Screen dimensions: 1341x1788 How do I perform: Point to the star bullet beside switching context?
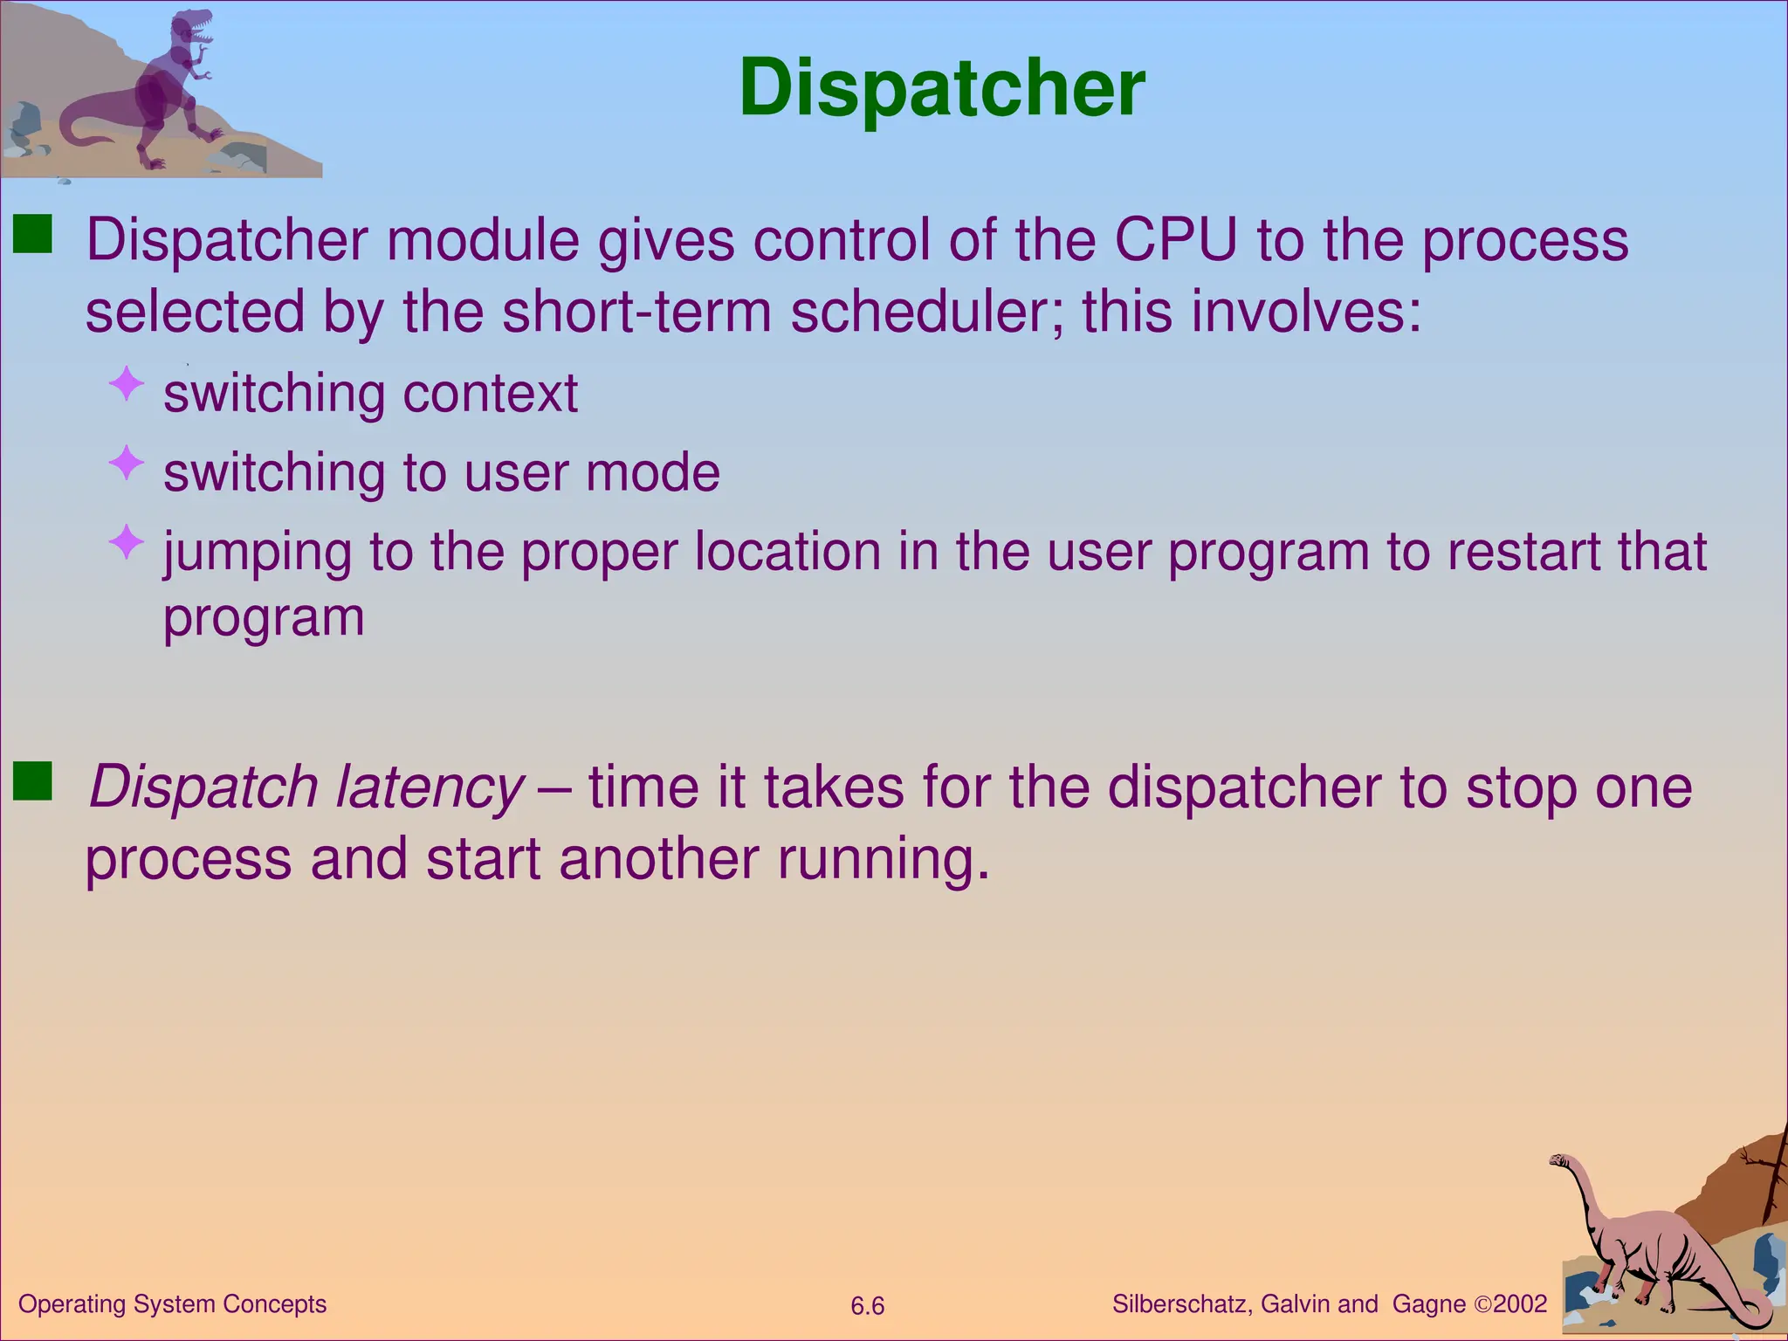coord(127,384)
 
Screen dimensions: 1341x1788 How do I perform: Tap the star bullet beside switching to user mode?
coord(127,463)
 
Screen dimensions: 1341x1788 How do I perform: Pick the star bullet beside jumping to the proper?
coord(127,542)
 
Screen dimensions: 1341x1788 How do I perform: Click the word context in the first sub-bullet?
coord(490,394)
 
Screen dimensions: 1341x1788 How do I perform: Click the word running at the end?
coord(883,859)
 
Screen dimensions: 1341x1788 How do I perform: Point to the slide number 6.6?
coord(867,1306)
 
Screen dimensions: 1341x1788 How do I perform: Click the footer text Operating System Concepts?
coord(172,1304)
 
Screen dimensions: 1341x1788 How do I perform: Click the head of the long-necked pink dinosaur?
coord(1559,1160)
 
